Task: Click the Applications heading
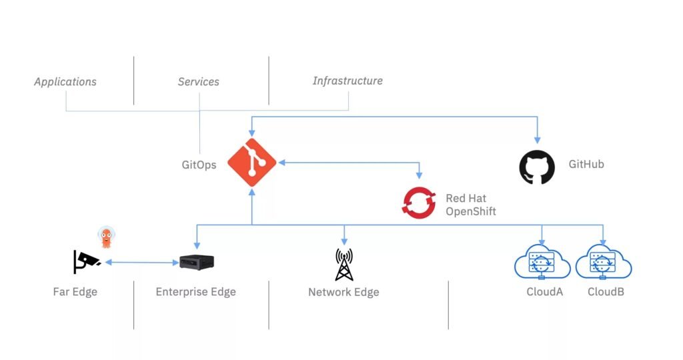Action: [x=65, y=82]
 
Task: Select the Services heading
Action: [x=198, y=82]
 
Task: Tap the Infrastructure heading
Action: [x=348, y=81]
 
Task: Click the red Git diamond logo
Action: [x=251, y=163]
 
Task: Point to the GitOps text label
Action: [x=199, y=165]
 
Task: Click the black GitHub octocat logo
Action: [x=537, y=167]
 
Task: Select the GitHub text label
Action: [x=586, y=164]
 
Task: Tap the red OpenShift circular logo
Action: [x=419, y=203]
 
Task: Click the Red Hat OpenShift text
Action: [x=471, y=205]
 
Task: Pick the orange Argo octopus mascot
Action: [x=105, y=236]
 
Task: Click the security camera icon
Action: [x=86, y=261]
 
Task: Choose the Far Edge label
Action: [x=75, y=292]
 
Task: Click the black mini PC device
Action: [x=197, y=261]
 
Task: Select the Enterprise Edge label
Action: [x=195, y=292]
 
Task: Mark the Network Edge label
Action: [x=344, y=292]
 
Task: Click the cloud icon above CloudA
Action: [x=542, y=263]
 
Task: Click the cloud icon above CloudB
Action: [x=604, y=263]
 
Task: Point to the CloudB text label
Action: [x=606, y=292]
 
